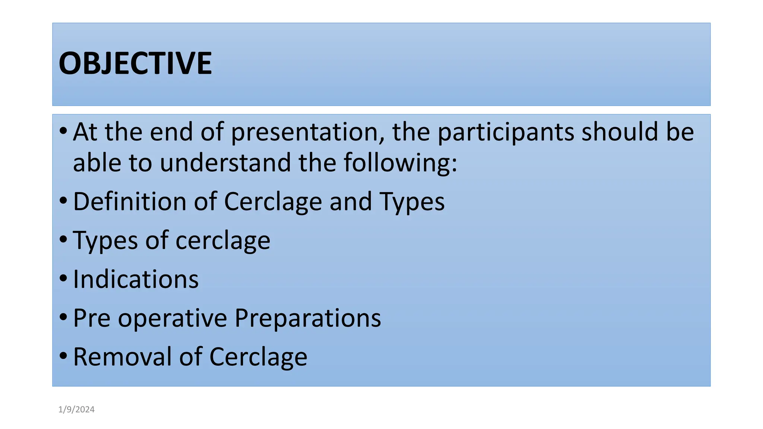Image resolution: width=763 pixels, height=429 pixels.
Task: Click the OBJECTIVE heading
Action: click(135, 63)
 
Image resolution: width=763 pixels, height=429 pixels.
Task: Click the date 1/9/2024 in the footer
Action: click(76, 410)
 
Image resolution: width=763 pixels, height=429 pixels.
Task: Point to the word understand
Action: click(225, 163)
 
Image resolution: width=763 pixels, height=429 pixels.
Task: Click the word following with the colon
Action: click(400, 163)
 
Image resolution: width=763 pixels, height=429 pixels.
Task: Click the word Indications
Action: click(136, 279)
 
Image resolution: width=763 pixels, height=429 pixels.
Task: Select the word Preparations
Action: click(308, 318)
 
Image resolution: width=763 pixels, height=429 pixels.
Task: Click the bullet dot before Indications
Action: click(63, 278)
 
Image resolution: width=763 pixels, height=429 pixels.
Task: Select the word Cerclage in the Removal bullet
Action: click(258, 357)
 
